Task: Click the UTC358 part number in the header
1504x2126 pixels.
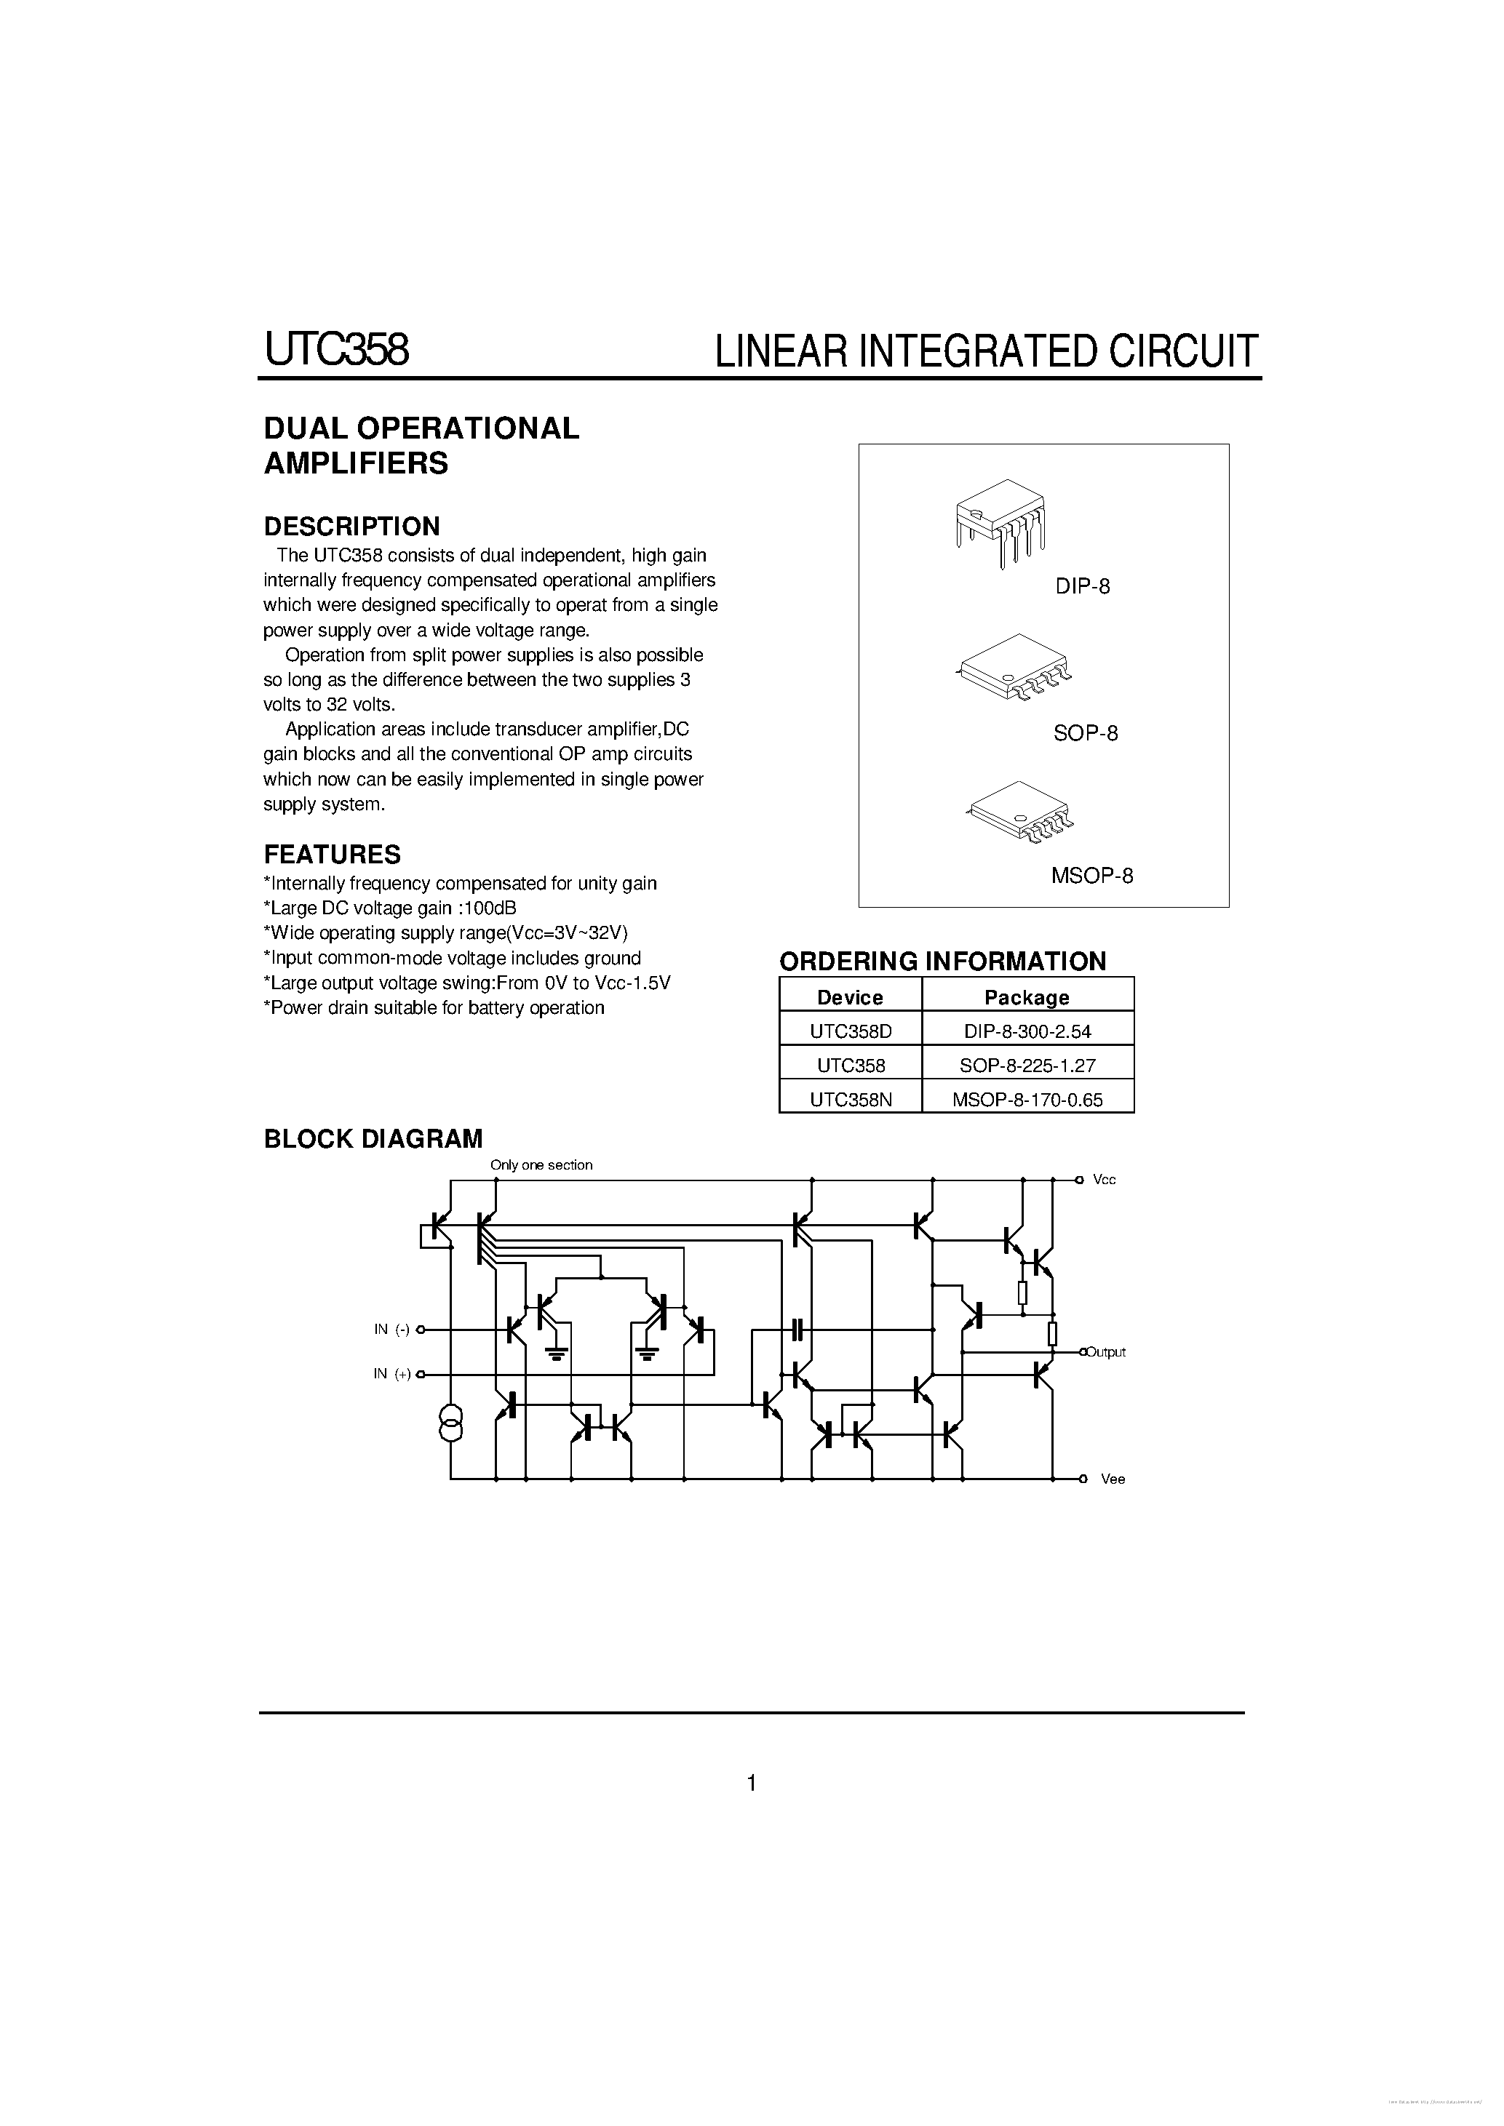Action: point(336,350)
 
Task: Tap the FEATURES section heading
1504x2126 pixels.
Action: point(332,854)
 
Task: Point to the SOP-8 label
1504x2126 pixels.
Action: point(1086,733)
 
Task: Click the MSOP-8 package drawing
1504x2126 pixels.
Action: point(1019,812)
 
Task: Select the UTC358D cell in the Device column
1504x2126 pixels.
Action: point(850,1030)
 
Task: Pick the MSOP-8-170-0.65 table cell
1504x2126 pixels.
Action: point(1027,1098)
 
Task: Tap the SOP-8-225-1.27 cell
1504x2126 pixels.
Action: point(1027,1065)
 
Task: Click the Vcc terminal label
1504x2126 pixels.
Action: point(1104,1180)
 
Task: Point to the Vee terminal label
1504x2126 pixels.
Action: point(1113,1479)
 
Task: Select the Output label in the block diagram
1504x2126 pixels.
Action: point(1106,1352)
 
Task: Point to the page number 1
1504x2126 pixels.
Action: point(751,1783)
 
